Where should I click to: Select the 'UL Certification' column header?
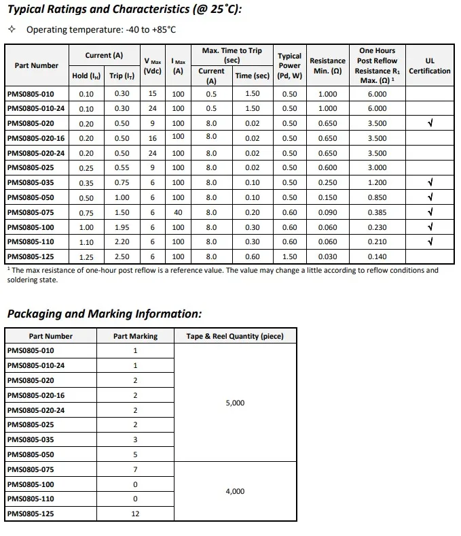pyautogui.click(x=429, y=66)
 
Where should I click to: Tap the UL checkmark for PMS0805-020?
pyautogui.click(x=430, y=124)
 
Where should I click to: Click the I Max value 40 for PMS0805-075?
pyautogui.click(x=178, y=212)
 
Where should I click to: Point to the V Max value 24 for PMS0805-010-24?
pyautogui.click(x=153, y=109)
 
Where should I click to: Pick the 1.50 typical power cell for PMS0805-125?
pyautogui.click(x=290, y=257)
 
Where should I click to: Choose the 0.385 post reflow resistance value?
pyautogui.click(x=377, y=212)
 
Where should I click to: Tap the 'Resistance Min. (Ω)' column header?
pyautogui.click(x=327, y=66)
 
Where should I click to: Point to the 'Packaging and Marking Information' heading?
pyautogui.click(x=104, y=314)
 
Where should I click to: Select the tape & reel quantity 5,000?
pyautogui.click(x=235, y=403)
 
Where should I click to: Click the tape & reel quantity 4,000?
pyautogui.click(x=235, y=491)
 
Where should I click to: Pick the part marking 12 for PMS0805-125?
pyautogui.click(x=135, y=514)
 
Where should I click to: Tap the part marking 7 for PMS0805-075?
pyautogui.click(x=135, y=469)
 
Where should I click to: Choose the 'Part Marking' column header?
pyautogui.click(x=135, y=336)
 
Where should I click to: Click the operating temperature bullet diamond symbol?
pyautogui.click(x=11, y=30)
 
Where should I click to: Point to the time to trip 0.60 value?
pyautogui.click(x=252, y=257)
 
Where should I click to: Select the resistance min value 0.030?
pyautogui.click(x=327, y=257)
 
